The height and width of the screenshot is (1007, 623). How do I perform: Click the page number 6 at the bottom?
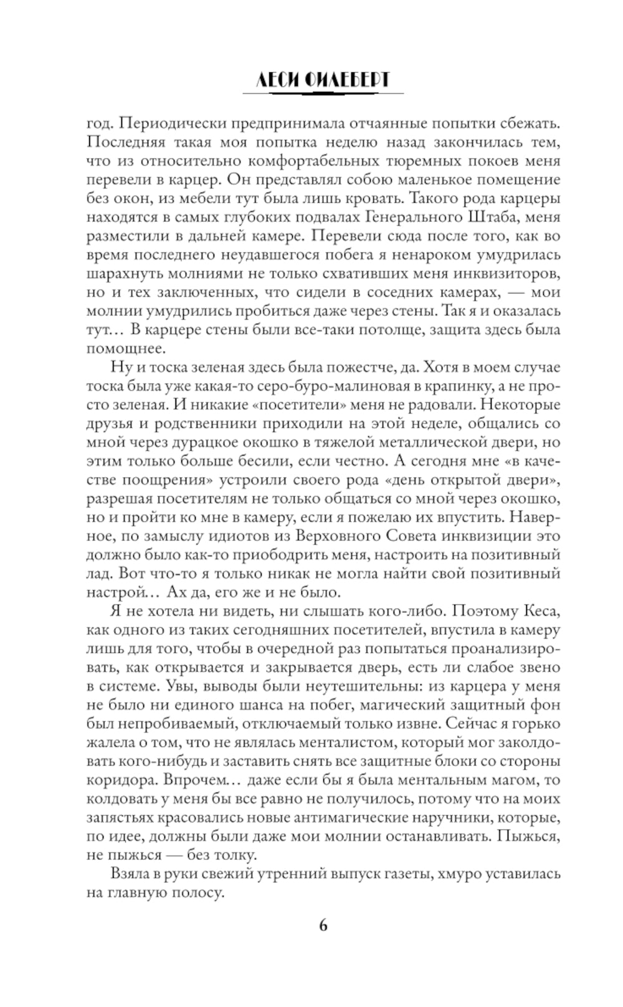pos(323,925)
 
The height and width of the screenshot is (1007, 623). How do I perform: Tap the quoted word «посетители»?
pos(318,405)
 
